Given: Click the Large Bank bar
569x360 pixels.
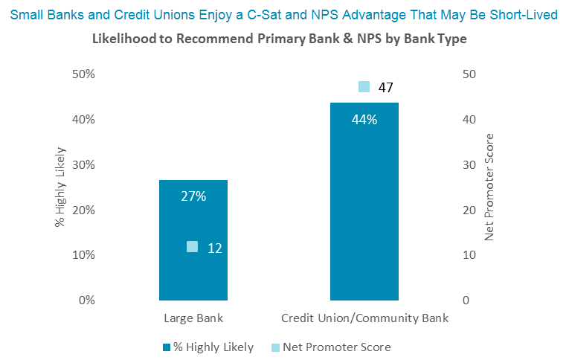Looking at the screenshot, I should tap(193, 275).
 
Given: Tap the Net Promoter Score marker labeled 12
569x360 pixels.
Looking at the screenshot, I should tap(192, 247).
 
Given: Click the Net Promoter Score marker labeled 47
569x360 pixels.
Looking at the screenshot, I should tap(364, 87).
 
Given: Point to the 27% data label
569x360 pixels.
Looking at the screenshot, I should tap(193, 196).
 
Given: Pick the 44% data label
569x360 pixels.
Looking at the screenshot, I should tap(364, 120).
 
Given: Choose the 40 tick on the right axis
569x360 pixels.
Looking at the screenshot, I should tap(469, 120).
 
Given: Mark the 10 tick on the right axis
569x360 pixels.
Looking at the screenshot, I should tap(469, 255).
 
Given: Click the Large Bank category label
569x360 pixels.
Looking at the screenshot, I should tap(193, 318).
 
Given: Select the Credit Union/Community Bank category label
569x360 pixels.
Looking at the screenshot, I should tap(364, 318).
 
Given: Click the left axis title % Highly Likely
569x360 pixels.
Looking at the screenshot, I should tap(61, 187).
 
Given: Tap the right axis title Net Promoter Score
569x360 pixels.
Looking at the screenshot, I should tap(489, 187).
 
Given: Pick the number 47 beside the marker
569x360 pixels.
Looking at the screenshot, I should tap(385, 88).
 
